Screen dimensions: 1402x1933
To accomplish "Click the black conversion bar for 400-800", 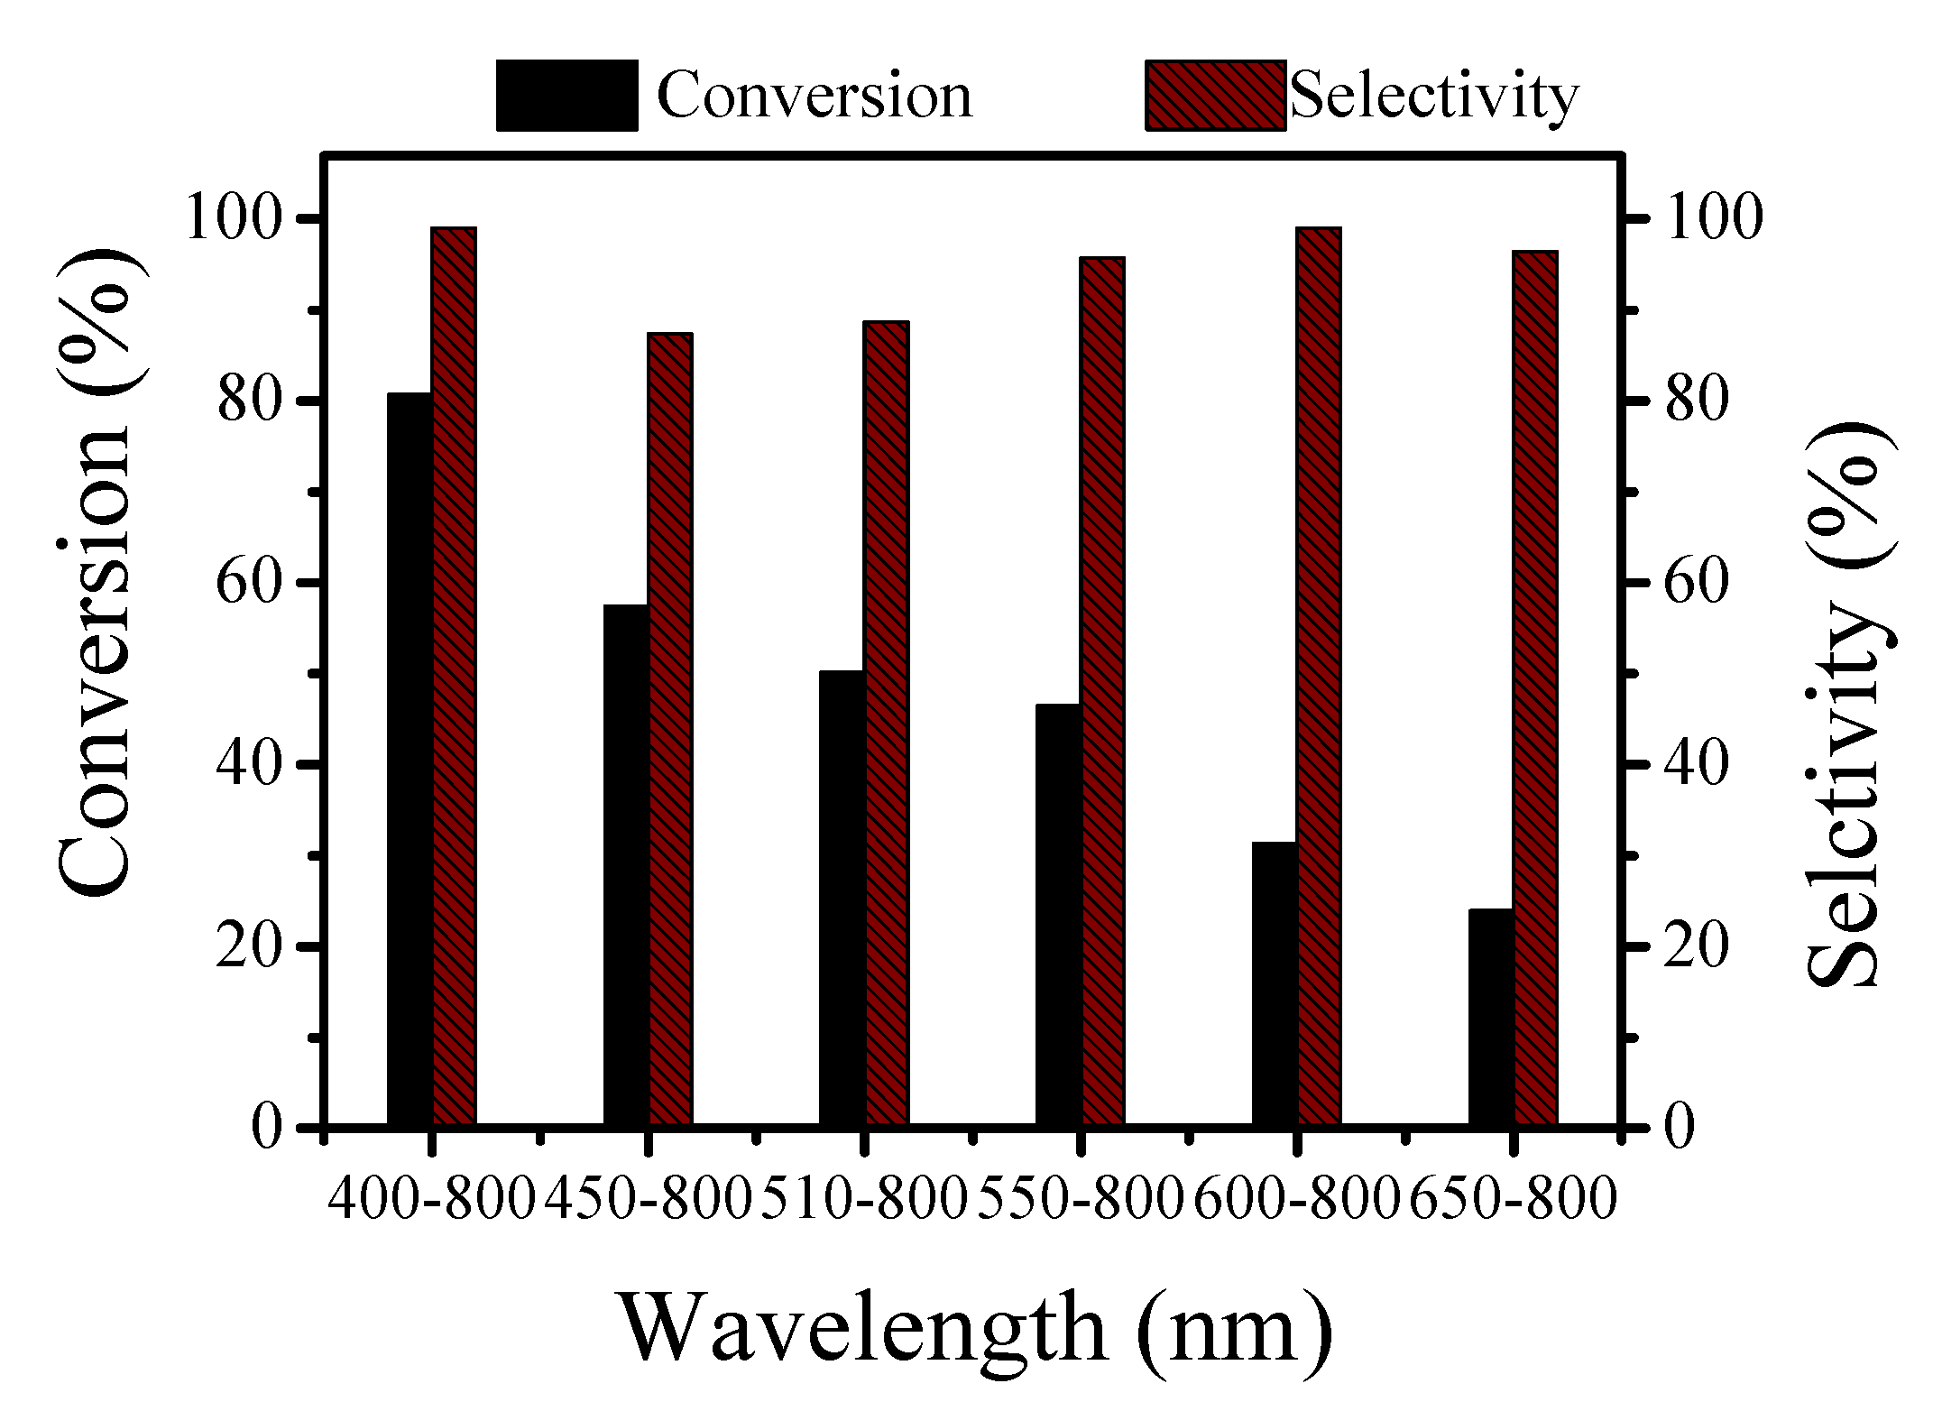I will tap(410, 758).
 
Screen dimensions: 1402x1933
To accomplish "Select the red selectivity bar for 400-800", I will tap(454, 677).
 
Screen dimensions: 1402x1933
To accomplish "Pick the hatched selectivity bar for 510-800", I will tap(886, 722).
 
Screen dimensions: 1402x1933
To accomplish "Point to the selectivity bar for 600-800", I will tap(1319, 677).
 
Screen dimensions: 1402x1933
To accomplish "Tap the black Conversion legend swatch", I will tap(566, 96).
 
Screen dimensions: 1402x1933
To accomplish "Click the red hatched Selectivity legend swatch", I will tap(1215, 96).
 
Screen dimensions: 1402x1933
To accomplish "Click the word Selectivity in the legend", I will tap(1434, 96).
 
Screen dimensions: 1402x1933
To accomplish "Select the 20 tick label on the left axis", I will tap(247, 947).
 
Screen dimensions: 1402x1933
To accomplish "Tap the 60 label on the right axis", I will tap(1696, 583).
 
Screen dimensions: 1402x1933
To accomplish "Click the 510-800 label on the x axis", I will tap(864, 1200).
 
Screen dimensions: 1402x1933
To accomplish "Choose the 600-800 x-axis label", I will tap(1296, 1200).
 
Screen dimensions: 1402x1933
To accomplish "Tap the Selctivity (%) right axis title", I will tap(1849, 704).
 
